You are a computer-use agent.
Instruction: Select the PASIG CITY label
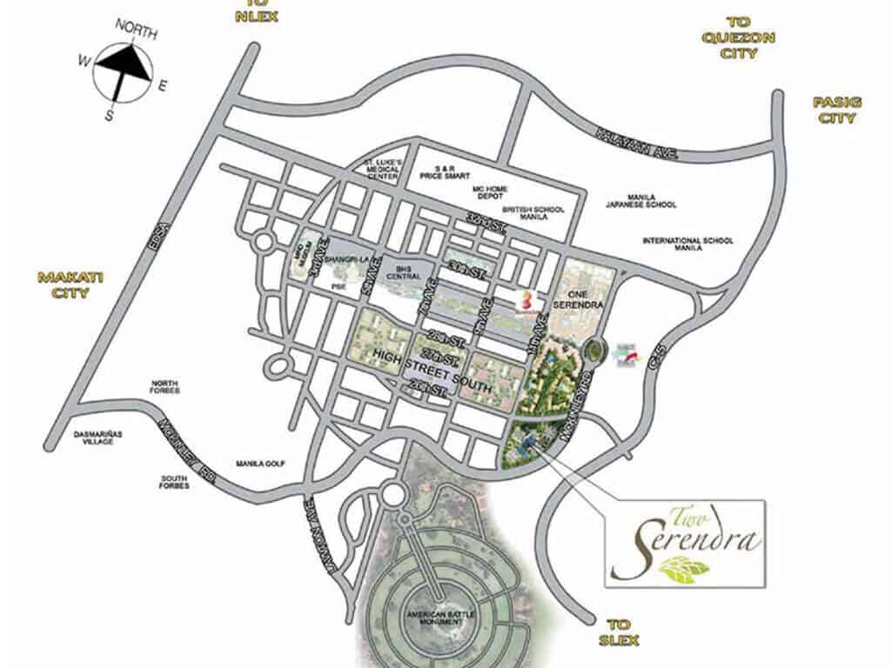coord(837,110)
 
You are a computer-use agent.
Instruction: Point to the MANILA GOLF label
coord(260,464)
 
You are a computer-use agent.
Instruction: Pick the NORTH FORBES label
coord(164,386)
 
